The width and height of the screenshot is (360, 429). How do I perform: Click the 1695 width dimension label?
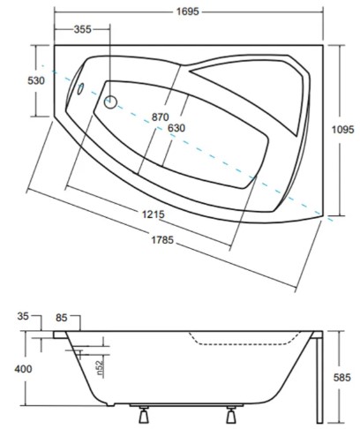(188, 11)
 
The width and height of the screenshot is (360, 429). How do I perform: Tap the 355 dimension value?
(82, 29)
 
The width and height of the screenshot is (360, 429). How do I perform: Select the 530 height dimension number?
(36, 80)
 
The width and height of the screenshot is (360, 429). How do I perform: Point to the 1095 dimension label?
(343, 130)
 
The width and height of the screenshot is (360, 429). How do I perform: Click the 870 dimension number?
(160, 117)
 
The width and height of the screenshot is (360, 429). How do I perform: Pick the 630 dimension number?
(176, 128)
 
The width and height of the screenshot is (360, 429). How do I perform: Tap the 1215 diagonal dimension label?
(154, 214)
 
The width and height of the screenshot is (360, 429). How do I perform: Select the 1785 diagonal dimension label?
(162, 240)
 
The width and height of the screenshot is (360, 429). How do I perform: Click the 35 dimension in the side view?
(23, 316)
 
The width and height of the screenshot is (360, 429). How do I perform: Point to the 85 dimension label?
(62, 318)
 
